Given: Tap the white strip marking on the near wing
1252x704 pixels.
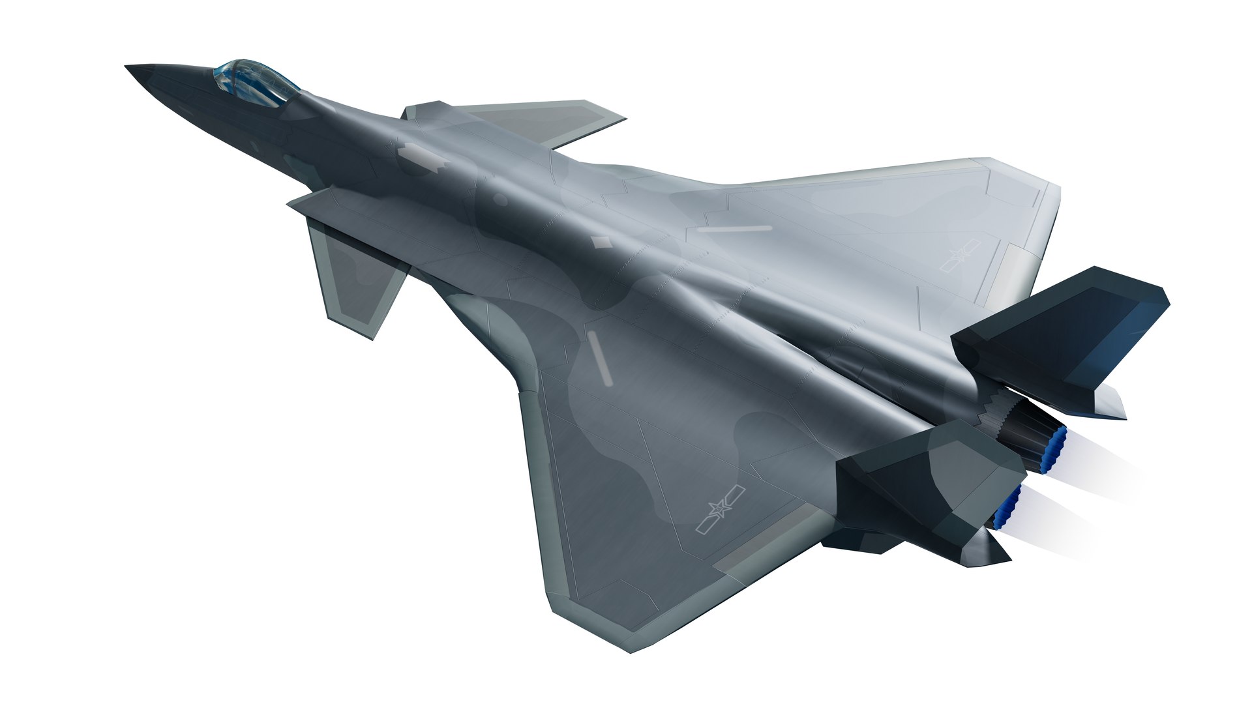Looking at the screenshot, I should coord(599,355).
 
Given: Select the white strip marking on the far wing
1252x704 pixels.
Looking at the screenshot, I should coord(735,229).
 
